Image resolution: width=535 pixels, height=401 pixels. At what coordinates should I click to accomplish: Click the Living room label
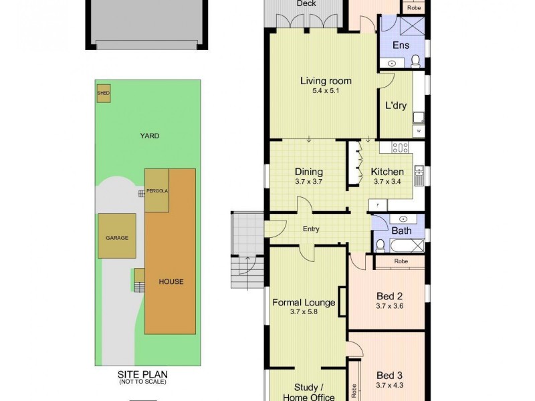pos(326,81)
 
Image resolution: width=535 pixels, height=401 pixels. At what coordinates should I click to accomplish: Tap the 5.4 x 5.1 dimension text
pos(326,91)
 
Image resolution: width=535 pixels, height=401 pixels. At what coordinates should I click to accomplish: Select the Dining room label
pos(308,172)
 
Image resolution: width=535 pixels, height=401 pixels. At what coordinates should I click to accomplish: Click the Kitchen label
pos(387,172)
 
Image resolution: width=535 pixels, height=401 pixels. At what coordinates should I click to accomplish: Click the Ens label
pos(401,45)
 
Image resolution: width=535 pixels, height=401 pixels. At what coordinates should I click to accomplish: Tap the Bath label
pos(401,231)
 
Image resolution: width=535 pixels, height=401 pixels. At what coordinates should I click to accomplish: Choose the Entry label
pos(311,229)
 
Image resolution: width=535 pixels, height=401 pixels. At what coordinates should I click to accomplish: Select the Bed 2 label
pos(389,296)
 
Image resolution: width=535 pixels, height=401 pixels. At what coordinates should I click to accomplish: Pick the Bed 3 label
pos(389,375)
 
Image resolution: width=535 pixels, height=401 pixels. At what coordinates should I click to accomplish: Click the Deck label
pos(306,3)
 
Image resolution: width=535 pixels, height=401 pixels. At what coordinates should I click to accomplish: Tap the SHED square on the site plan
pos(104,94)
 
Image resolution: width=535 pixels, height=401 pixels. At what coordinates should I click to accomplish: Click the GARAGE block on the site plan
pos(117,237)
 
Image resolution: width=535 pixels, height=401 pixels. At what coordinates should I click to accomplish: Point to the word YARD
pos(149,136)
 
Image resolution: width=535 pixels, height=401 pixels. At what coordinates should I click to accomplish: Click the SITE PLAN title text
pos(142,374)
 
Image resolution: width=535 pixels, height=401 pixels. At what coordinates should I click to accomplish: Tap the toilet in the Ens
pos(415,61)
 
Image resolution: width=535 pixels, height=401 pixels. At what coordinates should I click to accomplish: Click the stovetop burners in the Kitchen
pos(400,148)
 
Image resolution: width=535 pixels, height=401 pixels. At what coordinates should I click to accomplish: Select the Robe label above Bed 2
pos(401,261)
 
